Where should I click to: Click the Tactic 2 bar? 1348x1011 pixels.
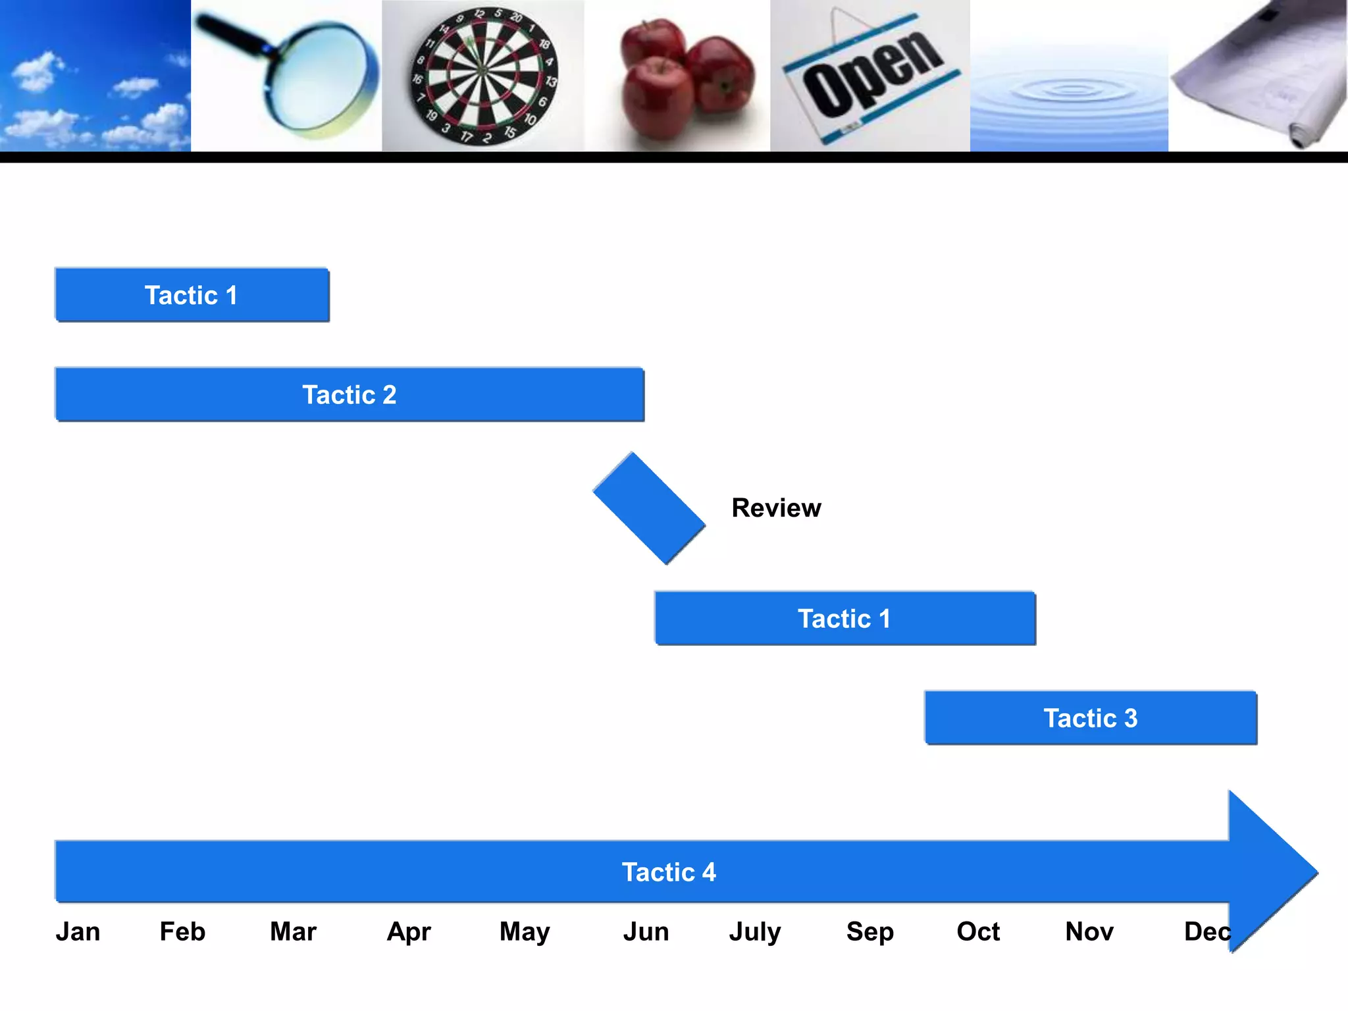point(350,394)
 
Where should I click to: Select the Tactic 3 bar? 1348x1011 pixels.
point(1091,717)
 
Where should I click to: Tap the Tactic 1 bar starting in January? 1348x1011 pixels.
point(192,295)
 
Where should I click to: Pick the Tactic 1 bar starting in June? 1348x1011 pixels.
point(844,618)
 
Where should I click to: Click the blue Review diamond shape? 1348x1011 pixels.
point(649,508)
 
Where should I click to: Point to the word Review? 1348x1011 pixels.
point(776,508)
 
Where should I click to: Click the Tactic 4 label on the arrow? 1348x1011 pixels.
point(669,872)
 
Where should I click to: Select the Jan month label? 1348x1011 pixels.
point(78,931)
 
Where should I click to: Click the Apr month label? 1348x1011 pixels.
point(409,931)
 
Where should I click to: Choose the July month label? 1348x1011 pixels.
point(754,931)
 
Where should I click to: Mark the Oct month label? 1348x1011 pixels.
point(978,931)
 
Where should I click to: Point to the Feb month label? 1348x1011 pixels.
point(182,931)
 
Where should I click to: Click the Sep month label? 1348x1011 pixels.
point(869,931)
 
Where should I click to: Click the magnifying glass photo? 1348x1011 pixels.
point(287,76)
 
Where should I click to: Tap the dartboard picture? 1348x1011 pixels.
point(484,76)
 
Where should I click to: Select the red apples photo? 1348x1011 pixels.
point(678,76)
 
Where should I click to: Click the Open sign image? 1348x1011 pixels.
point(870,76)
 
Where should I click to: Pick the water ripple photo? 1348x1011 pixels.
point(1069,92)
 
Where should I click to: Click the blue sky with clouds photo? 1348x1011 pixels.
point(95,76)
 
